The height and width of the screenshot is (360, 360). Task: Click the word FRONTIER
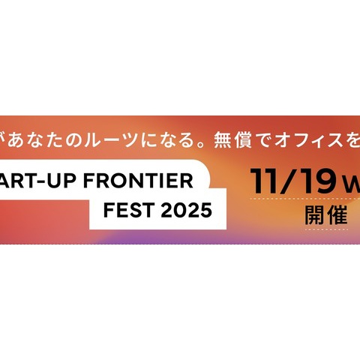point(138,181)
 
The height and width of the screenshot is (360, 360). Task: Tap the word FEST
point(129,210)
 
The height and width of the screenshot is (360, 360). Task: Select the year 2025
point(187,210)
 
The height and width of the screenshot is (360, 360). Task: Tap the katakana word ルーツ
point(112,140)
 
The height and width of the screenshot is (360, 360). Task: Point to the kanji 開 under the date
point(314,215)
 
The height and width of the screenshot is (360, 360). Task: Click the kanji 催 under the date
point(337,215)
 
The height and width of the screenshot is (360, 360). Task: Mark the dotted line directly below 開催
point(326,229)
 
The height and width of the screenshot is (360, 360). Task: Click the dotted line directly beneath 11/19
point(305,199)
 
